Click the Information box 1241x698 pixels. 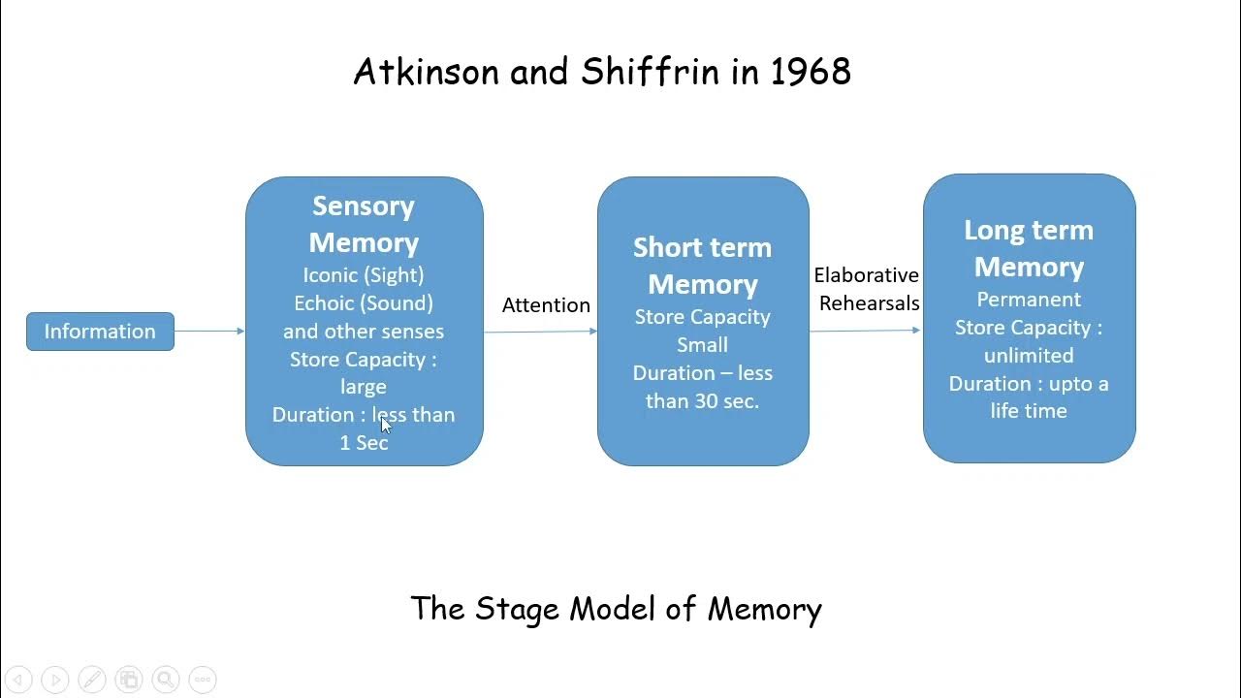pyautogui.click(x=100, y=332)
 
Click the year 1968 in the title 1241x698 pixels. pyautogui.click(x=811, y=72)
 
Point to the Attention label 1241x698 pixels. pyautogui.click(x=546, y=304)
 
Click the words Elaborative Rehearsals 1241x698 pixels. pyautogui.click(x=867, y=289)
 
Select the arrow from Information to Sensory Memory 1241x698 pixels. pyautogui.click(x=209, y=332)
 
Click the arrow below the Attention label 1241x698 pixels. pyautogui.click(x=540, y=332)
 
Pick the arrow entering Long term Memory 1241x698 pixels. pyautogui.click(x=866, y=331)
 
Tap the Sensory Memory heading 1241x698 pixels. pyautogui.click(x=364, y=224)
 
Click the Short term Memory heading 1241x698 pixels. pyautogui.click(x=703, y=266)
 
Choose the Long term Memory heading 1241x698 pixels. pyautogui.click(x=1029, y=248)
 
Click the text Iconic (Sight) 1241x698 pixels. pyautogui.click(x=364, y=275)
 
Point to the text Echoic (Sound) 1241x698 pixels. pyautogui.click(x=364, y=303)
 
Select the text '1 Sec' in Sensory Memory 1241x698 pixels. pyautogui.click(x=364, y=442)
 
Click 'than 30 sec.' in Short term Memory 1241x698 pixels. pyautogui.click(x=703, y=400)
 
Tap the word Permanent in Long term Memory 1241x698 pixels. pyautogui.click(x=1029, y=300)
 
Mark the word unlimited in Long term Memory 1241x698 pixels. pyautogui.click(x=1029, y=356)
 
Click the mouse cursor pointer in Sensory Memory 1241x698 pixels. pyautogui.click(x=385, y=424)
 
